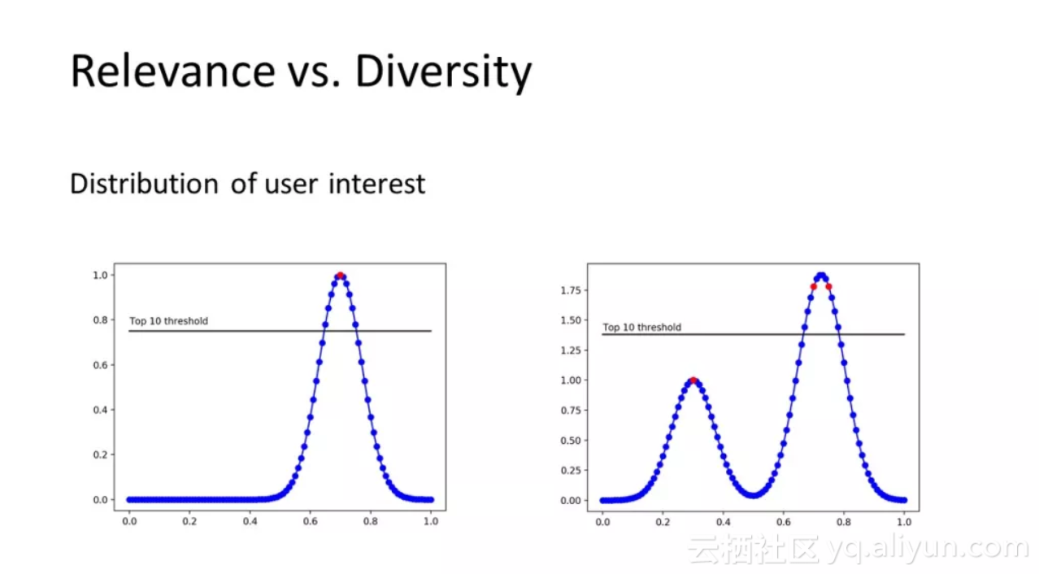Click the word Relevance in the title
pos(172,71)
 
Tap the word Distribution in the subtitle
pos(144,184)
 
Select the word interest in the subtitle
pos(376,184)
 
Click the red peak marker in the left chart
pos(341,276)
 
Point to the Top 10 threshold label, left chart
pos(168,321)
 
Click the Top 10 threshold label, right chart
pos(641,328)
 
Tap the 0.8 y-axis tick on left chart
pos(100,320)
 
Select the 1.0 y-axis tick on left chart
pos(100,275)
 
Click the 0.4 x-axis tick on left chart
pos(250,521)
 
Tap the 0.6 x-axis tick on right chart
pos(783,521)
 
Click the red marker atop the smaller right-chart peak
pos(693,380)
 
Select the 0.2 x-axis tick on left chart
pos(189,521)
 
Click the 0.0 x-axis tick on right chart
pos(602,521)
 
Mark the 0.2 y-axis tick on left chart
pos(100,454)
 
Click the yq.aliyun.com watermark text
pos(928,550)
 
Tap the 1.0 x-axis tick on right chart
pos(903,521)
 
